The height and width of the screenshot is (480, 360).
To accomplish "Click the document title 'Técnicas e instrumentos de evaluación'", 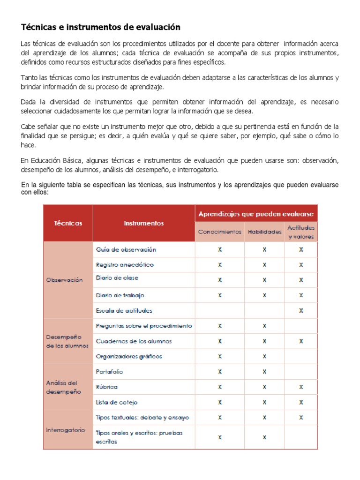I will coord(100,27).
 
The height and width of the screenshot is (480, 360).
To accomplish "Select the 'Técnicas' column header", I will coord(67,223).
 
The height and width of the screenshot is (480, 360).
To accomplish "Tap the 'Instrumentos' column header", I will coord(144,223).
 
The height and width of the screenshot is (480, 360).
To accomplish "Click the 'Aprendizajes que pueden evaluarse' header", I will coord(256,214).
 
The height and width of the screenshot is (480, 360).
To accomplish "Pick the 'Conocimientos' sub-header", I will coord(220,232).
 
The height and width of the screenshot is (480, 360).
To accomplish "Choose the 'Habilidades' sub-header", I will coord(264,232).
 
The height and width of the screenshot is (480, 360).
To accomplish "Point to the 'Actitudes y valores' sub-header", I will coord(301,232).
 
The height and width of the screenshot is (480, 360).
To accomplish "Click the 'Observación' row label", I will coord(64,280).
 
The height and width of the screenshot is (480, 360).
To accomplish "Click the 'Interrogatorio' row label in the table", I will coord(66,429).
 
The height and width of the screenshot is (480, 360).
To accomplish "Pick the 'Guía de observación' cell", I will coord(126,249).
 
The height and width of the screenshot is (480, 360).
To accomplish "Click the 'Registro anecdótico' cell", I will coord(125,264).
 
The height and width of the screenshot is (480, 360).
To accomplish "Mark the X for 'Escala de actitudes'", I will coord(301,310).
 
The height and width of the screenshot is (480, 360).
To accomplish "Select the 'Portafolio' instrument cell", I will coord(109,371).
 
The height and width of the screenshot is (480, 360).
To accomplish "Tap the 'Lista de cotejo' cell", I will coord(117,402).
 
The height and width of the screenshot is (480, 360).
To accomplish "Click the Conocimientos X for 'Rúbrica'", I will coord(220,387).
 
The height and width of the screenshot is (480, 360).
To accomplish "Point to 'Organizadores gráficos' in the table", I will coord(129,356).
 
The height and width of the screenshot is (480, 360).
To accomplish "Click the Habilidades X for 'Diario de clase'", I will coord(264,280).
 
